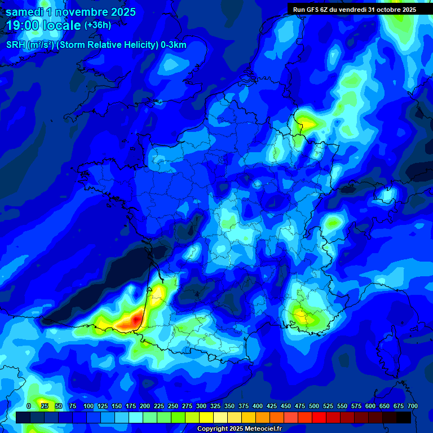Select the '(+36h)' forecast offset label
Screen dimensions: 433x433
pyautogui.click(x=98, y=25)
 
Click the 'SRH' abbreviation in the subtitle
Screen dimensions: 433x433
pyautogui.click(x=15, y=45)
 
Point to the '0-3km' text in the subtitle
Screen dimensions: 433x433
pyautogui.click(x=174, y=45)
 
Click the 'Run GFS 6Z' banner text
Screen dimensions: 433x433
pyautogui.click(x=311, y=10)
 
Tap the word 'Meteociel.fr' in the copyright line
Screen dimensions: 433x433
pyautogui.click(x=262, y=429)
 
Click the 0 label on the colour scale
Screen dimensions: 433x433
pyautogui.click(x=29, y=406)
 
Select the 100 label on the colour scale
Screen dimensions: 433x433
pyautogui.click(x=89, y=406)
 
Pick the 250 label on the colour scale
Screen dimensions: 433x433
pyautogui.click(x=173, y=406)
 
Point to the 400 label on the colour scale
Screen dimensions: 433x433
pyautogui.click(x=258, y=406)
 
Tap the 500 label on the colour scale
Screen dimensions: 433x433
pyautogui.click(x=314, y=406)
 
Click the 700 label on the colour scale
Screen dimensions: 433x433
pyautogui.click(x=412, y=406)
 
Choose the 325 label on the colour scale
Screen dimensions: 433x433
pyautogui.click(x=215, y=406)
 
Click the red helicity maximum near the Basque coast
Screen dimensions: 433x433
pyautogui.click(x=134, y=320)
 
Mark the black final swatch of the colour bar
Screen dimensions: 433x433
pyautogui.click(x=404, y=417)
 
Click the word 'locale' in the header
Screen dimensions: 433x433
pyautogui.click(x=62, y=25)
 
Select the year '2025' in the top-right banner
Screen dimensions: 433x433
pyautogui.click(x=405, y=10)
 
